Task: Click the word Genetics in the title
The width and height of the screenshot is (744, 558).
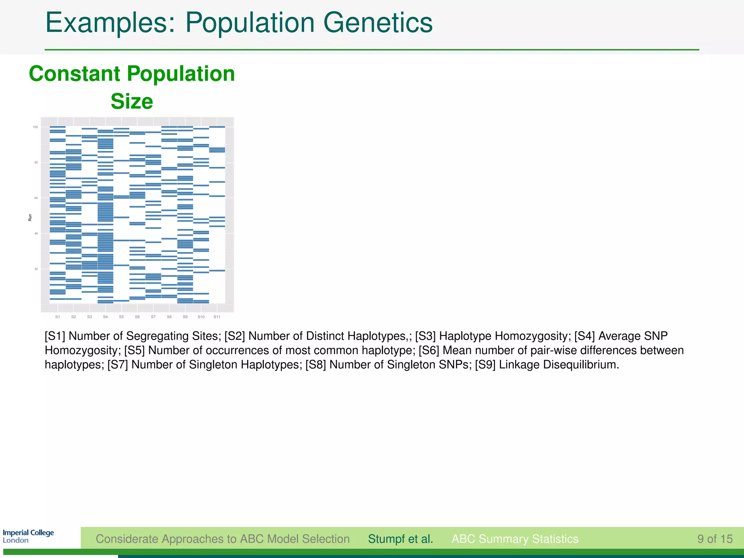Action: [x=378, y=23]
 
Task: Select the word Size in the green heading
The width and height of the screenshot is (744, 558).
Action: [x=132, y=101]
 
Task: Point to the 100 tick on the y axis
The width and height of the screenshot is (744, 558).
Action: [x=35, y=127]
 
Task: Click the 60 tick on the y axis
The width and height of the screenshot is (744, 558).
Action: [x=36, y=198]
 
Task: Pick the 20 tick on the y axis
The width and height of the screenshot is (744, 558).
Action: [x=36, y=269]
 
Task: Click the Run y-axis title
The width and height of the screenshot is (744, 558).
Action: [x=30, y=217]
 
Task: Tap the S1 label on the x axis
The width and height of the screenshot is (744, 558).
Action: [x=57, y=317]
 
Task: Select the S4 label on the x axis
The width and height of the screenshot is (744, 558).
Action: [x=105, y=317]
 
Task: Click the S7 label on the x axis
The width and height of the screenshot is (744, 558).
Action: [x=153, y=317]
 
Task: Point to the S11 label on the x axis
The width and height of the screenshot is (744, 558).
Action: [x=217, y=317]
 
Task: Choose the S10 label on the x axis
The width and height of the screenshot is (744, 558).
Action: [x=201, y=317]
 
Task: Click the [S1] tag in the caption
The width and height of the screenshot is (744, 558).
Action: [x=55, y=336]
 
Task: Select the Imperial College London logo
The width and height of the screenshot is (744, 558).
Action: [x=28, y=536]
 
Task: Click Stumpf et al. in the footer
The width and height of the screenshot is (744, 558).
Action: [x=400, y=539]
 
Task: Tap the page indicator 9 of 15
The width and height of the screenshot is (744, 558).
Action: [x=715, y=539]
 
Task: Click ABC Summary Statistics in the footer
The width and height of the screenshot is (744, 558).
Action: [x=515, y=539]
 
